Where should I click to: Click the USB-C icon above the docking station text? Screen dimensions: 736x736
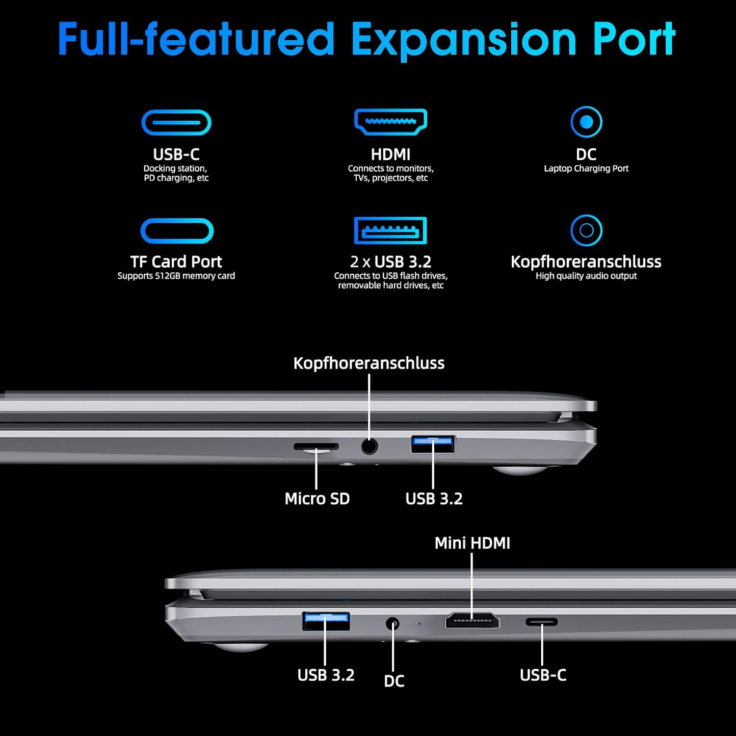[176, 123]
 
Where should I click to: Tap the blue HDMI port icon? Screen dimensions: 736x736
[391, 122]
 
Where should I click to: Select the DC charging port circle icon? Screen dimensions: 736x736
[586, 122]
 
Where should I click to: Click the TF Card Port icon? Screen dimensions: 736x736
[177, 231]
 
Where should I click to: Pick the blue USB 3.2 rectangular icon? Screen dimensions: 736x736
[391, 231]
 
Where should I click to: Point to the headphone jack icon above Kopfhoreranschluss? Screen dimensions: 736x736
[586, 230]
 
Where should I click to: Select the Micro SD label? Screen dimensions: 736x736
[317, 499]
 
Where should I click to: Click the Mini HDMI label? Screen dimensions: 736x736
[473, 543]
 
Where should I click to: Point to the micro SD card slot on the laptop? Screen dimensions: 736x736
[316, 447]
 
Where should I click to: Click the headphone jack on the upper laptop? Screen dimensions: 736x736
[369, 446]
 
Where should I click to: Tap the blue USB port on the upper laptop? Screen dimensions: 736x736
[433, 444]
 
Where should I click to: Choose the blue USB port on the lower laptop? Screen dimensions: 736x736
[326, 621]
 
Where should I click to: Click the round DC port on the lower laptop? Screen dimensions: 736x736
[392, 624]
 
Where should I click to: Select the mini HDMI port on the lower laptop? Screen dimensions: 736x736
[472, 621]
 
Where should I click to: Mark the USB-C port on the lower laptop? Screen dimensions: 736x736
[542, 622]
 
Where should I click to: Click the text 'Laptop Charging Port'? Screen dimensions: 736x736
[586, 168]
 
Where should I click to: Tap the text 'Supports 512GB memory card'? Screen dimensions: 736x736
[176, 276]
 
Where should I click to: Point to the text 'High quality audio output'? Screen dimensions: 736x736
[586, 276]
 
